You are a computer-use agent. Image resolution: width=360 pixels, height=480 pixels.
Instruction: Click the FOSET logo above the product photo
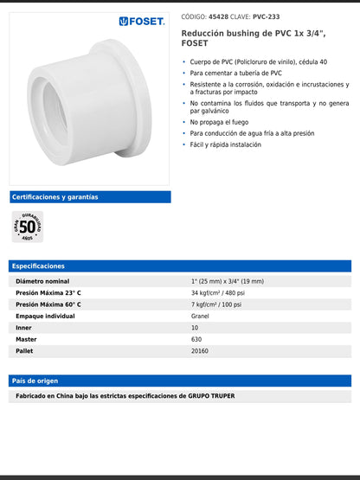[142, 21]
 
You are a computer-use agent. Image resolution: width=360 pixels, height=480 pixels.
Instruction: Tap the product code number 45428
[219, 16]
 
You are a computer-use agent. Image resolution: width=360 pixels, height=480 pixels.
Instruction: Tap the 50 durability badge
[27, 227]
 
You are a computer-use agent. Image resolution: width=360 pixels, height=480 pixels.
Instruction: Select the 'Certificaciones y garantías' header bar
[90, 197]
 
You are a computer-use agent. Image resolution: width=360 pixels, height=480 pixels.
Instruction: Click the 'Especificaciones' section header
[179, 266]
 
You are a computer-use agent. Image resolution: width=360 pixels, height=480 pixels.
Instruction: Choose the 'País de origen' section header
[179, 381]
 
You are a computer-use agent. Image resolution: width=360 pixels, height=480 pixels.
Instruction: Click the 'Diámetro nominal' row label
[42, 281]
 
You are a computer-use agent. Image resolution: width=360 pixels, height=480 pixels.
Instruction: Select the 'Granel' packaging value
[200, 317]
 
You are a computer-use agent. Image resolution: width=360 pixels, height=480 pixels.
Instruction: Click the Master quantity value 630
[196, 340]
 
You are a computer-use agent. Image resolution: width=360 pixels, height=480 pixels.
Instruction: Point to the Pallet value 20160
[200, 351]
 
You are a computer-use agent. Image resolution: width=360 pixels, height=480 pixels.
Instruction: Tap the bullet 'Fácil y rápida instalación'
[231, 145]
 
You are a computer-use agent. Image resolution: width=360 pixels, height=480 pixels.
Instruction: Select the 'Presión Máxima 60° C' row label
[48, 304]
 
